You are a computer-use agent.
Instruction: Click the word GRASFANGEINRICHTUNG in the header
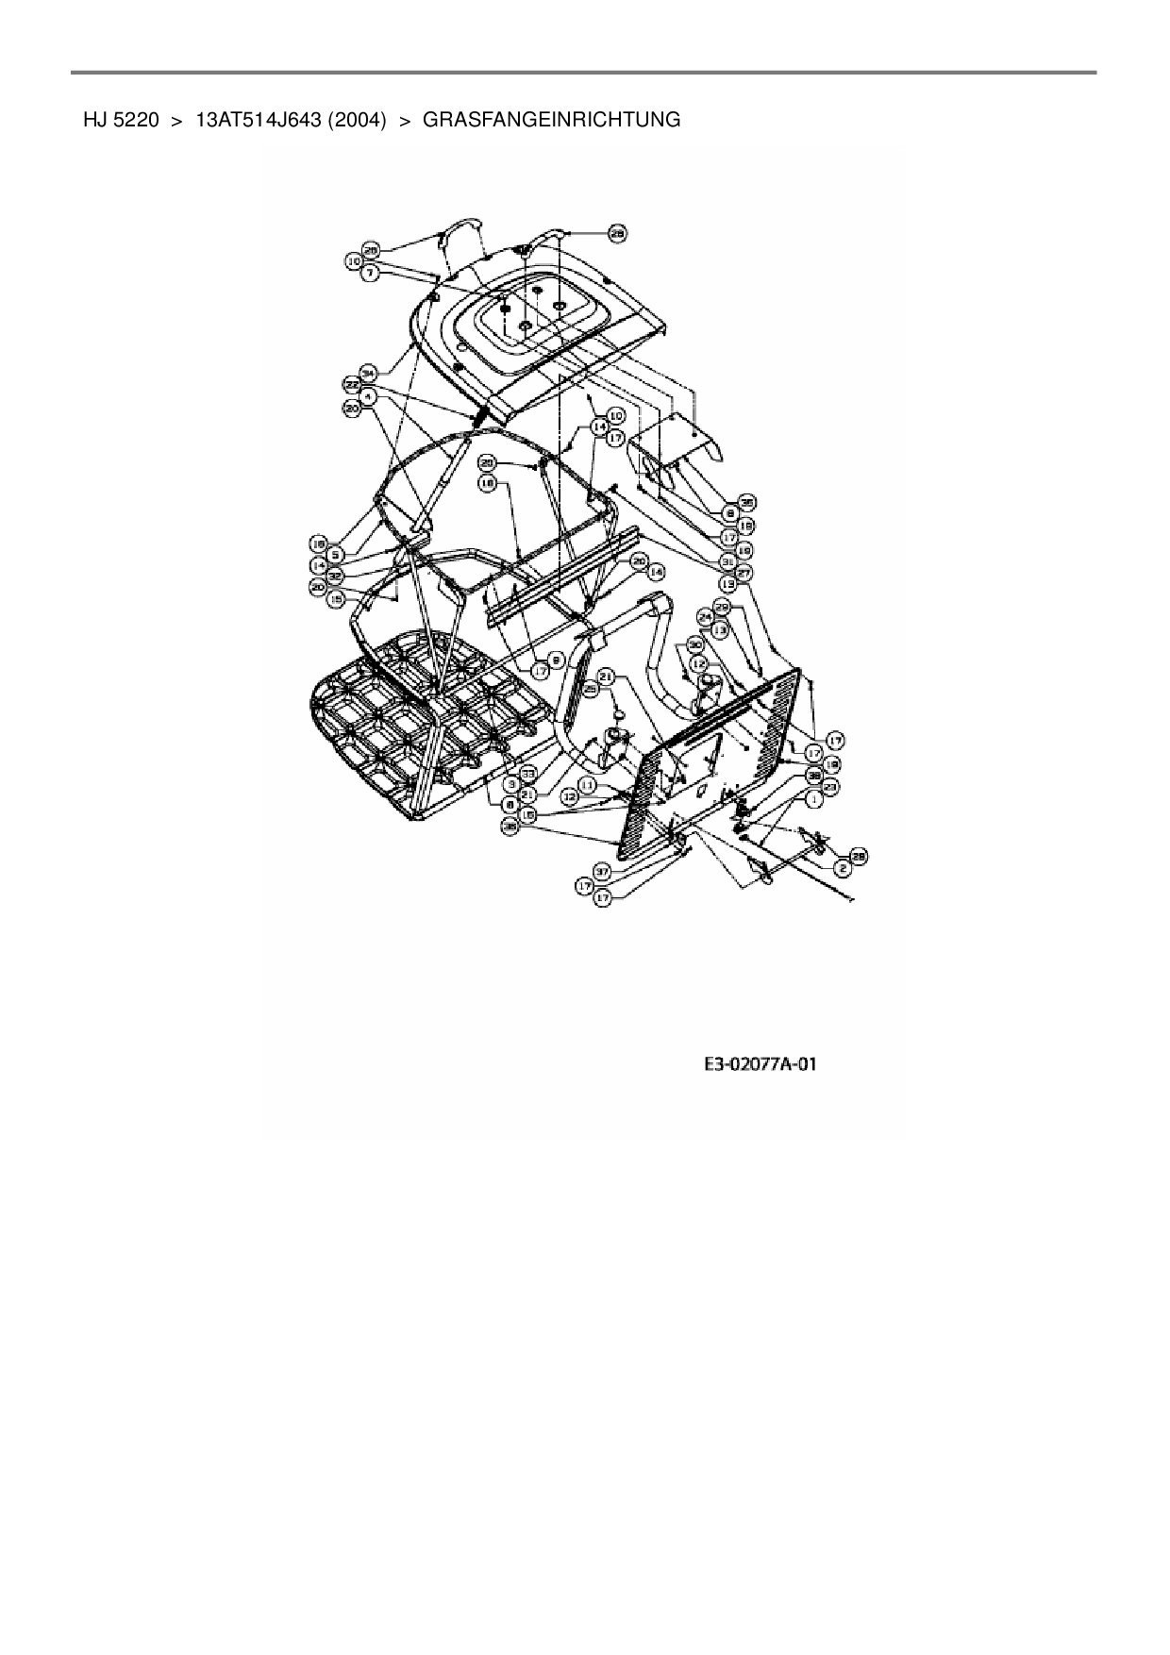click(x=552, y=120)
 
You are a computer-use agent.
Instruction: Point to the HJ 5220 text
click(x=120, y=120)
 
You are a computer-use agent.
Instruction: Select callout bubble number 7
click(x=371, y=272)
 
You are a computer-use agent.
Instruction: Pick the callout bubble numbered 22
click(x=351, y=385)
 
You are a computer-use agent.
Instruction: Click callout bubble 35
click(x=746, y=502)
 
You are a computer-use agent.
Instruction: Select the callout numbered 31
click(x=727, y=560)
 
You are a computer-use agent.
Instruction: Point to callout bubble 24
click(x=704, y=616)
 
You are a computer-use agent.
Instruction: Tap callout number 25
click(x=592, y=690)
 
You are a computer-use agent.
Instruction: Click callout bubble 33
click(x=528, y=772)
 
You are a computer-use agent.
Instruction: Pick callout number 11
click(x=586, y=784)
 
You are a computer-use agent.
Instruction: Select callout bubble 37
click(x=601, y=871)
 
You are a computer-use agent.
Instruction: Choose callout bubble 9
click(x=557, y=661)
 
